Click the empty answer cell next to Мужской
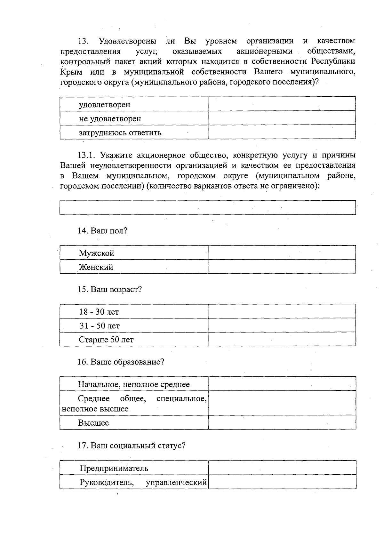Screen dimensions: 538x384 (282, 253)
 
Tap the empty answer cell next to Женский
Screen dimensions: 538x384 (282, 266)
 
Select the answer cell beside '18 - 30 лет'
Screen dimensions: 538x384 (282, 311)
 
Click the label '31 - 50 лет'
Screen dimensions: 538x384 (100, 326)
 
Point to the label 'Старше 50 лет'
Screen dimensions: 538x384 (106, 340)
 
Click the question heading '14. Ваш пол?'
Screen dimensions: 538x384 (102, 231)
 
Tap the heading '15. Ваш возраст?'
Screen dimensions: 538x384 (110, 289)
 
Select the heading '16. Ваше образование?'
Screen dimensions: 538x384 (121, 362)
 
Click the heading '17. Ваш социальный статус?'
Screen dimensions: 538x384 (132, 446)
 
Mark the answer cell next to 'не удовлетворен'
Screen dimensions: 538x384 (282, 118)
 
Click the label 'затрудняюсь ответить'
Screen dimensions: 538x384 (120, 132)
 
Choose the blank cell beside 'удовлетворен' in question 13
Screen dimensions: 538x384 (282, 104)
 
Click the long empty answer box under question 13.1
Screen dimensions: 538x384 (208, 207)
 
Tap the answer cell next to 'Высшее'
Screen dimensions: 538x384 (282, 422)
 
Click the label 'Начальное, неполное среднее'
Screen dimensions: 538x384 (134, 384)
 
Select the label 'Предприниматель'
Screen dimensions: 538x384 (114, 468)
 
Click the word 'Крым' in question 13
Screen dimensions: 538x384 (71, 72)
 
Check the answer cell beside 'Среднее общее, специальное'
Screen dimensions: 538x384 (282, 403)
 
